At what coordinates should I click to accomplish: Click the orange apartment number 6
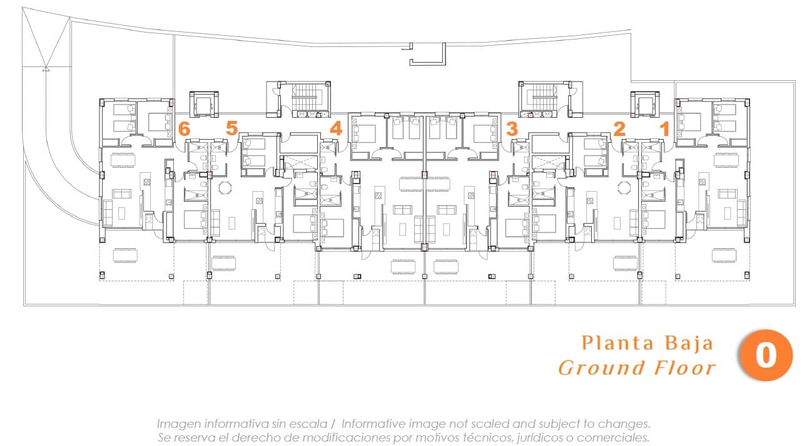(x=184, y=129)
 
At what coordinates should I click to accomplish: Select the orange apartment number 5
(x=232, y=128)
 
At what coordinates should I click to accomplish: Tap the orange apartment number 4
(x=336, y=128)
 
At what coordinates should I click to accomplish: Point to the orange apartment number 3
(x=512, y=129)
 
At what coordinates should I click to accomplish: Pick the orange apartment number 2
(x=619, y=129)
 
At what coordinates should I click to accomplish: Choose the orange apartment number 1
(x=665, y=129)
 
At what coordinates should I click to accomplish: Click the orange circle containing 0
(x=766, y=355)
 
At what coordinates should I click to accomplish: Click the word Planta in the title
(x=619, y=343)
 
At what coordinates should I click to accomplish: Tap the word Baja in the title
(x=689, y=343)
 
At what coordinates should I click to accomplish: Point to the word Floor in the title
(x=685, y=368)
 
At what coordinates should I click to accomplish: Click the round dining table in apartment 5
(x=225, y=188)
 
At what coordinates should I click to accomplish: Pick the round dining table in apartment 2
(x=624, y=188)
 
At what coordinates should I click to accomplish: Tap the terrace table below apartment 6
(x=125, y=255)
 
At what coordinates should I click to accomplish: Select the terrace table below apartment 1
(x=724, y=255)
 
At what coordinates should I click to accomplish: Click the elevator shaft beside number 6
(x=204, y=104)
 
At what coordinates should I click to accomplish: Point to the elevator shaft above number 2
(x=645, y=104)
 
